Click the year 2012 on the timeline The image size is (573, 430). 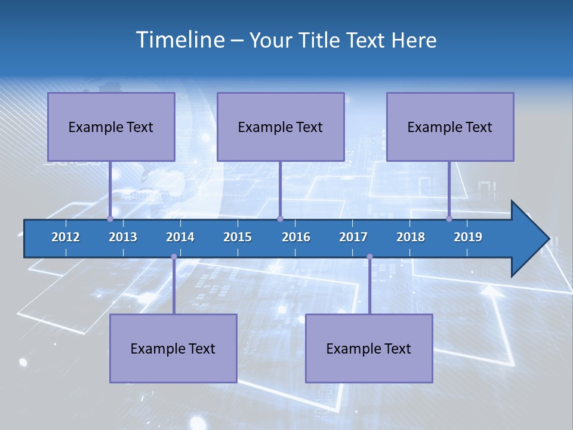66,237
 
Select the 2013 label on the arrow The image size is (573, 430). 123,237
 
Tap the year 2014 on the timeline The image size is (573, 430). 180,237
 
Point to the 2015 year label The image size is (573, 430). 238,237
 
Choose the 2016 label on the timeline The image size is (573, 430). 296,237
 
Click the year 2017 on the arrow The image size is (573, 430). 353,237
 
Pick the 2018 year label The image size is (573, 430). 411,237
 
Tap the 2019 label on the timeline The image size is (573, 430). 468,237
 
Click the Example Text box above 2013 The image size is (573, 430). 111,127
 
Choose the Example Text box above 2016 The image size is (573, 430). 281,127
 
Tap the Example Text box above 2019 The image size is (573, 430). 450,127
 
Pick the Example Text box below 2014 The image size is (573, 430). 173,348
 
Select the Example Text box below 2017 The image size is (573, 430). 369,348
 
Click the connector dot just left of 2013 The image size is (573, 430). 110,219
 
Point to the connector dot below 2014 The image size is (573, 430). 174,257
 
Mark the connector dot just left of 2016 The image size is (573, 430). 280,219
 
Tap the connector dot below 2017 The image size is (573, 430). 369,257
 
